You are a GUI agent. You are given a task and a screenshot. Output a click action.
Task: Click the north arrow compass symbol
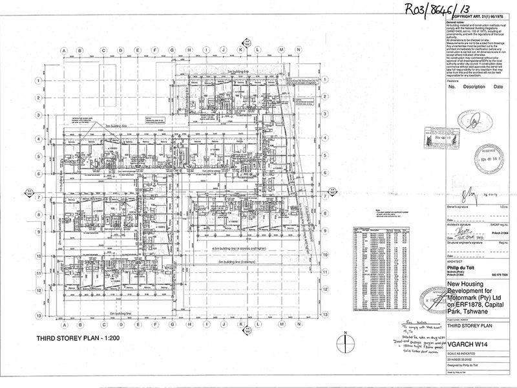(346, 338)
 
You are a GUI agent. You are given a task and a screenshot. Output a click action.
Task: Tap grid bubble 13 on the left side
(39, 315)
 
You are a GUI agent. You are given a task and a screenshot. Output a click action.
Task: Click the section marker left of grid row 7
(29, 192)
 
